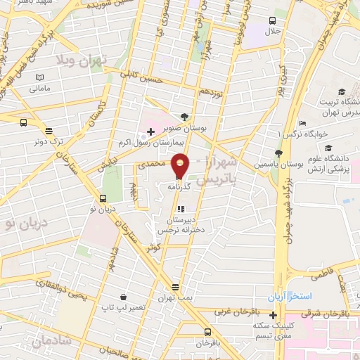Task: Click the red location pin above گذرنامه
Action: (x=180, y=165)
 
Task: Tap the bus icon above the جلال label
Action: (x=273, y=20)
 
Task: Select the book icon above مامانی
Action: (x=39, y=77)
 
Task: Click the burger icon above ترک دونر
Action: (x=49, y=130)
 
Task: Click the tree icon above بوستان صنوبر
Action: (x=184, y=117)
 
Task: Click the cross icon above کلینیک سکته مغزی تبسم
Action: (x=273, y=314)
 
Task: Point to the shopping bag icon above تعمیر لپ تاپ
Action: (x=123, y=297)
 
